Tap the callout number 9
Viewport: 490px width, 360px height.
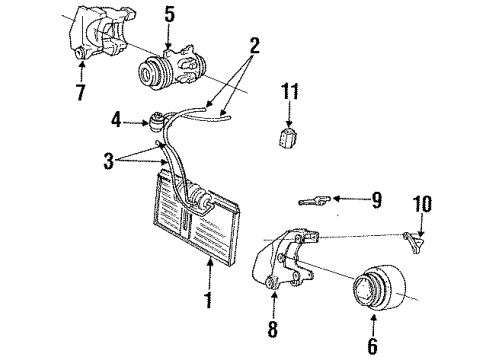coord(376,200)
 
